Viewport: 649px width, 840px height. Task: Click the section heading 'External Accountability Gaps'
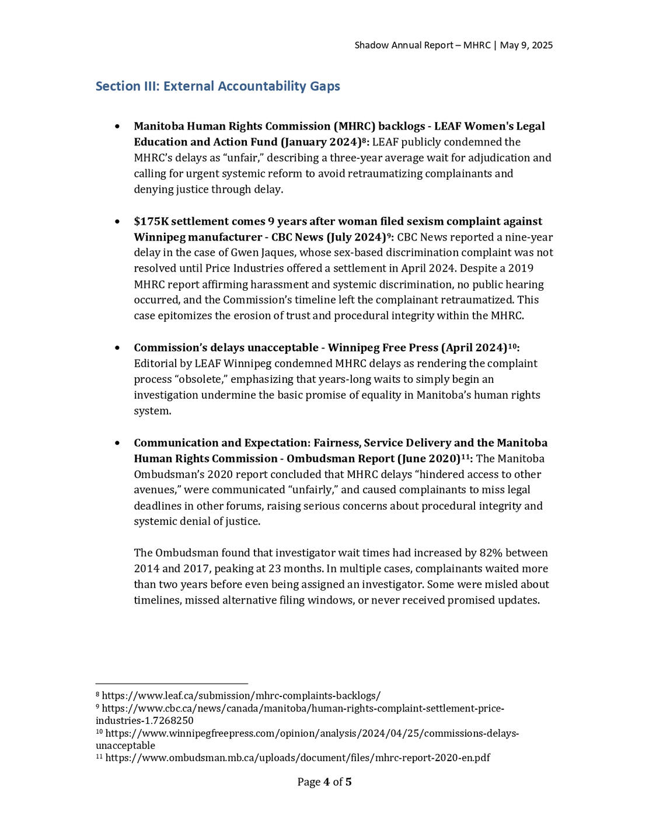[252, 86]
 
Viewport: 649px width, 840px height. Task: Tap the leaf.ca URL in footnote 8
[241, 696]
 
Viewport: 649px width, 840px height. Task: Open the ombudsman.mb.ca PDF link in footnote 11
[298, 758]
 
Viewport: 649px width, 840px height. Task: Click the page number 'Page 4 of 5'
[324, 782]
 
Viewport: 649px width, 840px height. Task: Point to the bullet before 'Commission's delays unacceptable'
[118, 348]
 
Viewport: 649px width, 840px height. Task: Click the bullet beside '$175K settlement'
[118, 222]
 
